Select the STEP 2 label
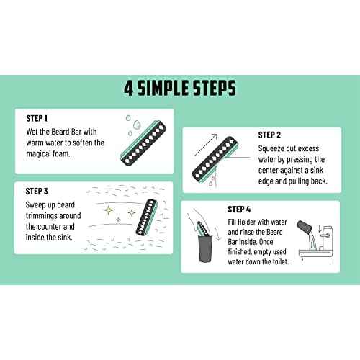point(269,134)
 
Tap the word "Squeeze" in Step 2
point(271,149)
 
